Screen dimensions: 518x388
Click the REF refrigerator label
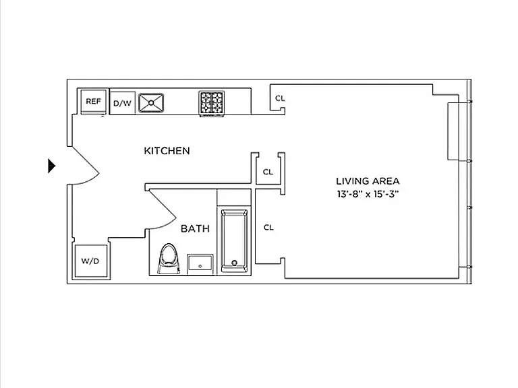click(93, 101)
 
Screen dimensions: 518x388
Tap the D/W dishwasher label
click(122, 103)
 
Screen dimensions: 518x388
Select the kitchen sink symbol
click(151, 103)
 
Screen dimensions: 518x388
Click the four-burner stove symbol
click(211, 103)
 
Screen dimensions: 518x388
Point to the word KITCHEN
click(167, 151)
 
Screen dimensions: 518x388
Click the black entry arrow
click(52, 166)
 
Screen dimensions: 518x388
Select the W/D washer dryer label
click(90, 261)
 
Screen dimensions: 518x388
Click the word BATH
click(195, 228)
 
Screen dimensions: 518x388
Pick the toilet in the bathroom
click(169, 259)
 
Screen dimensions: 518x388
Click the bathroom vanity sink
click(200, 264)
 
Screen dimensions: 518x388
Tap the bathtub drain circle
click(235, 263)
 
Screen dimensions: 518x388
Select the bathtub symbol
click(234, 240)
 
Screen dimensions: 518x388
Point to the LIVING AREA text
click(368, 181)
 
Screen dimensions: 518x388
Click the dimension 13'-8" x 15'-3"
click(368, 194)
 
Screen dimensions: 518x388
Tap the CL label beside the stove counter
click(280, 98)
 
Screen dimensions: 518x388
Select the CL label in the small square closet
click(268, 172)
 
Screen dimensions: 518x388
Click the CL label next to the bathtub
click(268, 227)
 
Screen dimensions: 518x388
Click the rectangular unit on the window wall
click(453, 131)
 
